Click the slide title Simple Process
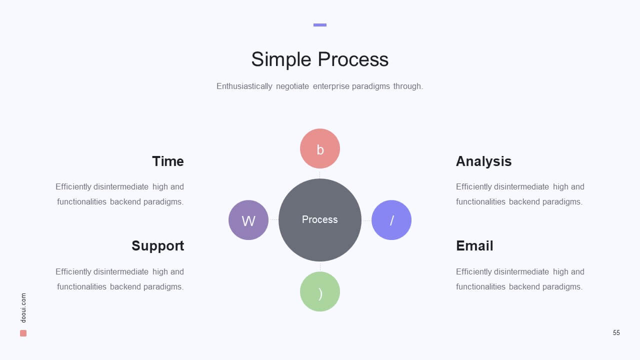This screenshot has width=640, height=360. (x=319, y=59)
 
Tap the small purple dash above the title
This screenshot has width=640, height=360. (x=319, y=25)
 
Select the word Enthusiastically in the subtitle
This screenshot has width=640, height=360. (x=244, y=86)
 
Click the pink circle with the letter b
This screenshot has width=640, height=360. (x=320, y=148)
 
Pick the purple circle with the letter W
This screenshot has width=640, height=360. (x=248, y=220)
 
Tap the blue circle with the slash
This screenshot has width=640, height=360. (x=391, y=220)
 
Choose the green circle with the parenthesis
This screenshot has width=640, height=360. (x=320, y=291)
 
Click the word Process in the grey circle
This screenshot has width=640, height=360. (x=319, y=219)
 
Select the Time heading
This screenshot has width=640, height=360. (x=168, y=161)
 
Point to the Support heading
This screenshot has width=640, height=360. (x=157, y=245)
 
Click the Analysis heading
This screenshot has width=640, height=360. (x=483, y=161)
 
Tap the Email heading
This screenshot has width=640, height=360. (x=474, y=245)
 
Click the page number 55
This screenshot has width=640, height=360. (x=616, y=332)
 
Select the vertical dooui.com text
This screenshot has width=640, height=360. (x=23, y=307)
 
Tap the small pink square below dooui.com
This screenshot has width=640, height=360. (x=23, y=333)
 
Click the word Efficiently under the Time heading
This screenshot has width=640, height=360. (x=73, y=187)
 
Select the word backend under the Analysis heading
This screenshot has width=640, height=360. (x=524, y=201)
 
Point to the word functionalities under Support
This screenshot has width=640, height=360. (x=81, y=286)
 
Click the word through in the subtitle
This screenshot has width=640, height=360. (x=408, y=86)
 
